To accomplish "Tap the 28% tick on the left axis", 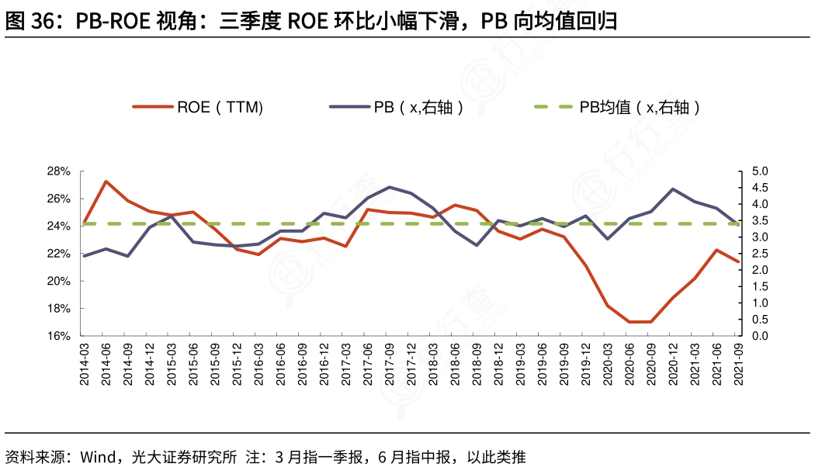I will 60,171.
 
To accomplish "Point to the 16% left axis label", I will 60,336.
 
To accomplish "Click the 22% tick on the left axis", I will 60,254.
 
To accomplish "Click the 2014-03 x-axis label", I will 84,364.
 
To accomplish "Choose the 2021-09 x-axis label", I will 738,364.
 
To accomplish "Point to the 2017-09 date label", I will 389,364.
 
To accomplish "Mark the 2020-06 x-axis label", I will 629,364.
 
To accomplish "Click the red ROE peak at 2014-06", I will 106,182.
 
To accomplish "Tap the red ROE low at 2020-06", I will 629,322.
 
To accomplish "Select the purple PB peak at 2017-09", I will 389,187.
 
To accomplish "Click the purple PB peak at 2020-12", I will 672,189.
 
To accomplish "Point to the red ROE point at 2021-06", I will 716,250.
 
